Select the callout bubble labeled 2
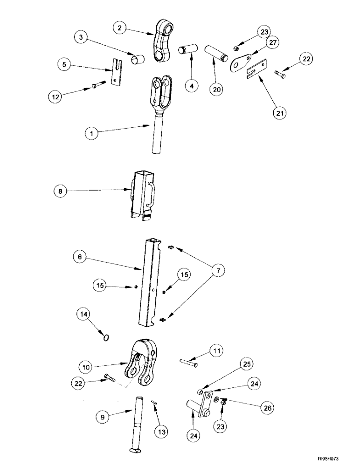click(x=120, y=28)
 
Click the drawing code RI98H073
click(x=338, y=459)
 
